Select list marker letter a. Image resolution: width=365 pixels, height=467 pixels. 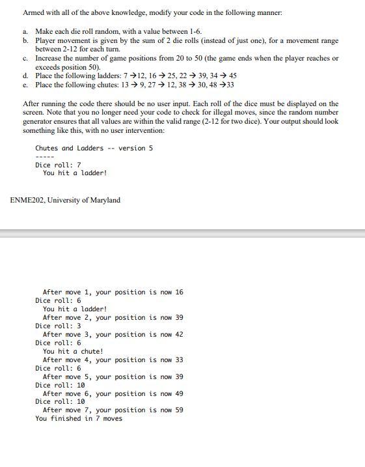(25, 31)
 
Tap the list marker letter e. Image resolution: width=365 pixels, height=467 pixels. (25, 85)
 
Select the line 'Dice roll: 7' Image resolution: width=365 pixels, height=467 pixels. (58, 165)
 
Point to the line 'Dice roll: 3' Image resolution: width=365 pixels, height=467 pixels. (58, 326)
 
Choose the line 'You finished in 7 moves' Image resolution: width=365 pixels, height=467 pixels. (78, 418)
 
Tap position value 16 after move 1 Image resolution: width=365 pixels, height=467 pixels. (179, 292)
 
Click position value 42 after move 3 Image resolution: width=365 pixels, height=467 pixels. (179, 334)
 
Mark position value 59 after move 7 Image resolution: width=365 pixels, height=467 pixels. (179, 410)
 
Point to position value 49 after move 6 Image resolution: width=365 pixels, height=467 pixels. (179, 393)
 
